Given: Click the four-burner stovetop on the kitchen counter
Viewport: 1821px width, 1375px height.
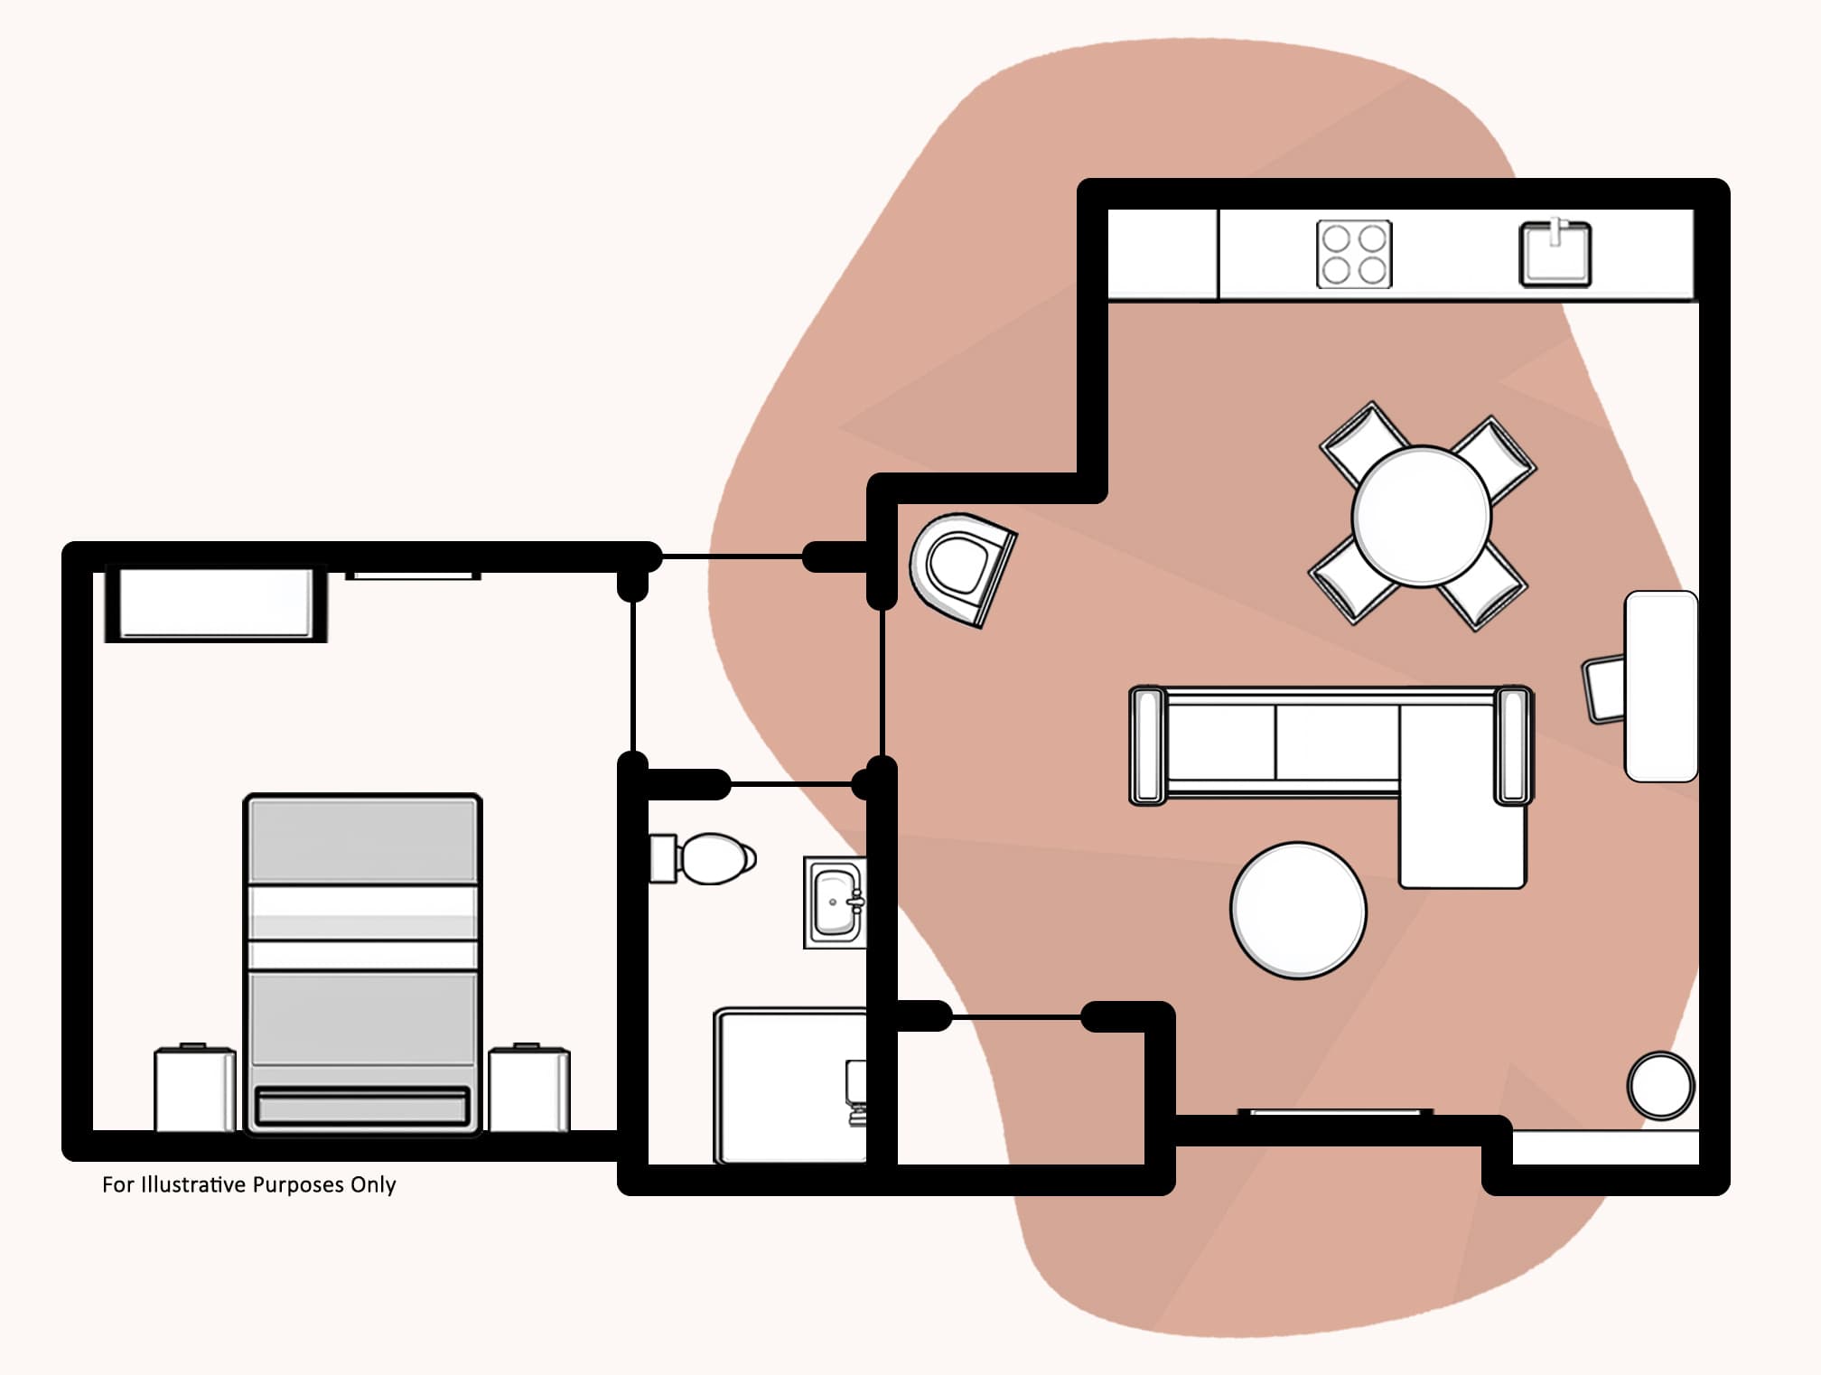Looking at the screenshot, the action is (1354, 254).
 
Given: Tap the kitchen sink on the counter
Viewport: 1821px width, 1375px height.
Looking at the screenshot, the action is (1555, 253).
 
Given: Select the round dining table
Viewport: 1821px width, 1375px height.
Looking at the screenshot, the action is (1421, 516).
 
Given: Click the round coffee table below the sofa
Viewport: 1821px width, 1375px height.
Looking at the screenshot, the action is (1298, 910).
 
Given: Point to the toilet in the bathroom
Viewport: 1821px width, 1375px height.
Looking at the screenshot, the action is (703, 858).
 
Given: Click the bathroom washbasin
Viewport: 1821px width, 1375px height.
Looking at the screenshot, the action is (835, 902).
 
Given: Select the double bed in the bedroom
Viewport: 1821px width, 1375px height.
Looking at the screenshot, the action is (362, 963).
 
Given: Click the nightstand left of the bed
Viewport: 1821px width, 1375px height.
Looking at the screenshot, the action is (195, 1089).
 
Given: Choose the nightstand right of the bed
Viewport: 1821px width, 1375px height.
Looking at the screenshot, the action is (529, 1089).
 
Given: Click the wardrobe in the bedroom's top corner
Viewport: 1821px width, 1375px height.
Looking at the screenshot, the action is (216, 603).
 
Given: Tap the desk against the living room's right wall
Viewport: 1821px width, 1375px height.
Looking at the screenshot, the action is (1661, 686).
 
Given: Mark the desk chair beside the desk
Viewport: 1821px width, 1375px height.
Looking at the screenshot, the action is (1603, 689).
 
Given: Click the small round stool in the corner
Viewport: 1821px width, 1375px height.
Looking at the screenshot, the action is (1661, 1085).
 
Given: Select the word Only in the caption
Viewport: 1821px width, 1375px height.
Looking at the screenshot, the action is (373, 1185).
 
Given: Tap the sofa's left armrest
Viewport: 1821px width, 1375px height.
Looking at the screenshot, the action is (1148, 745).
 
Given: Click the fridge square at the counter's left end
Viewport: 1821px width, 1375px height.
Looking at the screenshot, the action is (1163, 254).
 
